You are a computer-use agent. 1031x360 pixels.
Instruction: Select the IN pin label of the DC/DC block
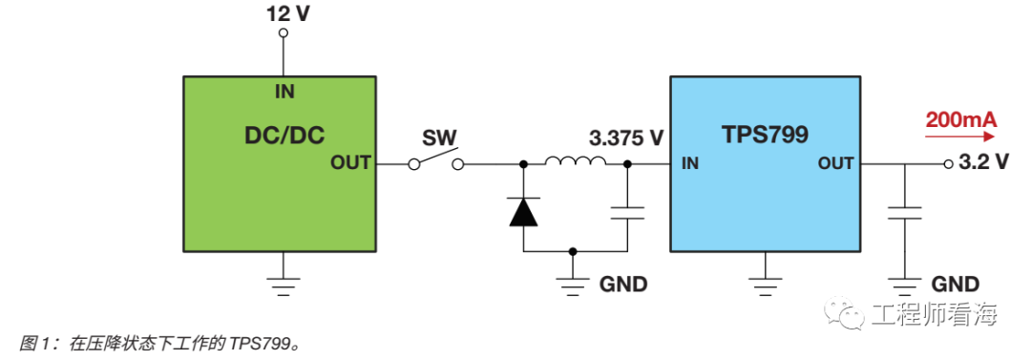(284, 93)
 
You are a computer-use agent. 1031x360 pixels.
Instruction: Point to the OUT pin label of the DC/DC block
(349, 163)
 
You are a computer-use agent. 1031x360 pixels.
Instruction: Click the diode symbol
(523, 211)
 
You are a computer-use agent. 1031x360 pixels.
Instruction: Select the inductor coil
(575, 161)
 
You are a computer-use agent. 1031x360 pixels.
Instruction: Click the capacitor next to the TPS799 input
(627, 212)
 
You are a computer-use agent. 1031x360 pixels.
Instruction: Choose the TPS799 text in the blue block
(765, 134)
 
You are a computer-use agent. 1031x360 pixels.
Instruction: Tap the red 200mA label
(959, 119)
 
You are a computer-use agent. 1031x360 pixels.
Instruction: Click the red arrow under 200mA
(959, 137)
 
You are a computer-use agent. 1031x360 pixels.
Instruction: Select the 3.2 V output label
(982, 163)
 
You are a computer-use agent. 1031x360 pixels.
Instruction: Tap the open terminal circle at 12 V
(284, 33)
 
